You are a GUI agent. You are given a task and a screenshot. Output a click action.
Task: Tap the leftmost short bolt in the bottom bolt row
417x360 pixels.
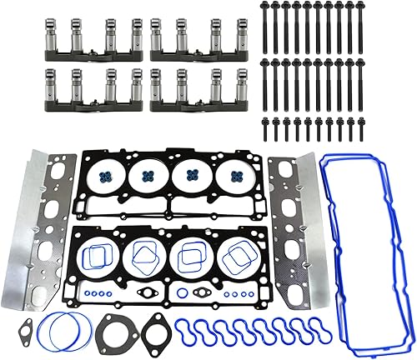click(x=266, y=129)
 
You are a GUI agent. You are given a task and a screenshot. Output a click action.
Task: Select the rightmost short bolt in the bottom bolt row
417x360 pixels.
click(x=359, y=129)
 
